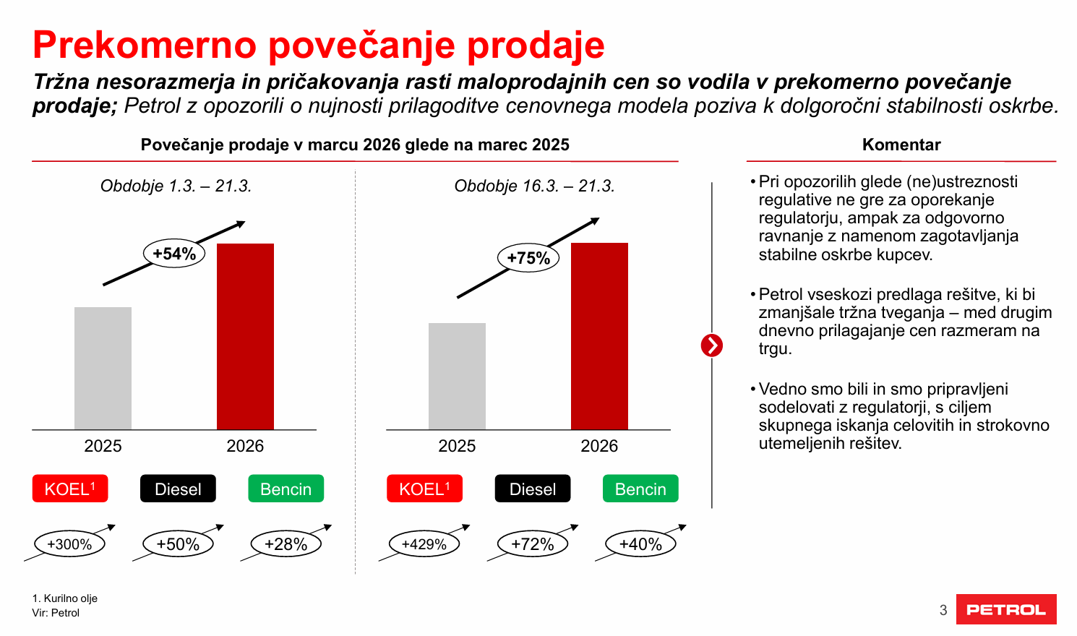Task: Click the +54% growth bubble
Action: point(174,254)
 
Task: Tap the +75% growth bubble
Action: point(528,258)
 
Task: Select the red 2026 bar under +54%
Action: point(245,336)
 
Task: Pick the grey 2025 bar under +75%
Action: point(457,376)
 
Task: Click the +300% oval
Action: point(69,544)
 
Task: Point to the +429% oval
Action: point(424,544)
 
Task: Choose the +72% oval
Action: point(533,544)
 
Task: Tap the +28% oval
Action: point(286,544)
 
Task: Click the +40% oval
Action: point(640,544)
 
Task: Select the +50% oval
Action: point(178,544)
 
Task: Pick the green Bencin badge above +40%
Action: point(640,489)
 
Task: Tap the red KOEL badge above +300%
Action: point(70,489)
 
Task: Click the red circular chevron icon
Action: point(712,345)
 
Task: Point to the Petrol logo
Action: point(1006,609)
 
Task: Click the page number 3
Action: point(943,610)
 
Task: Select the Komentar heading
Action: point(901,145)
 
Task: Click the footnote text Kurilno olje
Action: point(70,598)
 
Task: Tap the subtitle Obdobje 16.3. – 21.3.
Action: point(534,186)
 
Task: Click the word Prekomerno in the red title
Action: point(145,45)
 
